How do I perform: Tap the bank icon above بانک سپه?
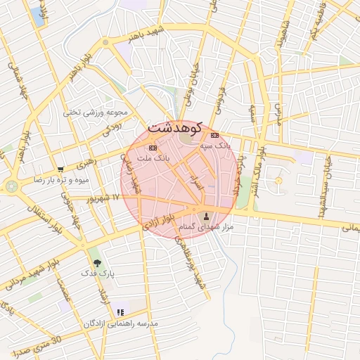[214, 135]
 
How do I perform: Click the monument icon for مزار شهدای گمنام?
[206, 217]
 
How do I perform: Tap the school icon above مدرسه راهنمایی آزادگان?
[120, 312]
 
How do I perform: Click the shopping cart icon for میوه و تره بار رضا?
[60, 169]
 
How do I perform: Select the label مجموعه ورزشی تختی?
[95, 112]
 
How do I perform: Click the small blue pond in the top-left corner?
[37, 15]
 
